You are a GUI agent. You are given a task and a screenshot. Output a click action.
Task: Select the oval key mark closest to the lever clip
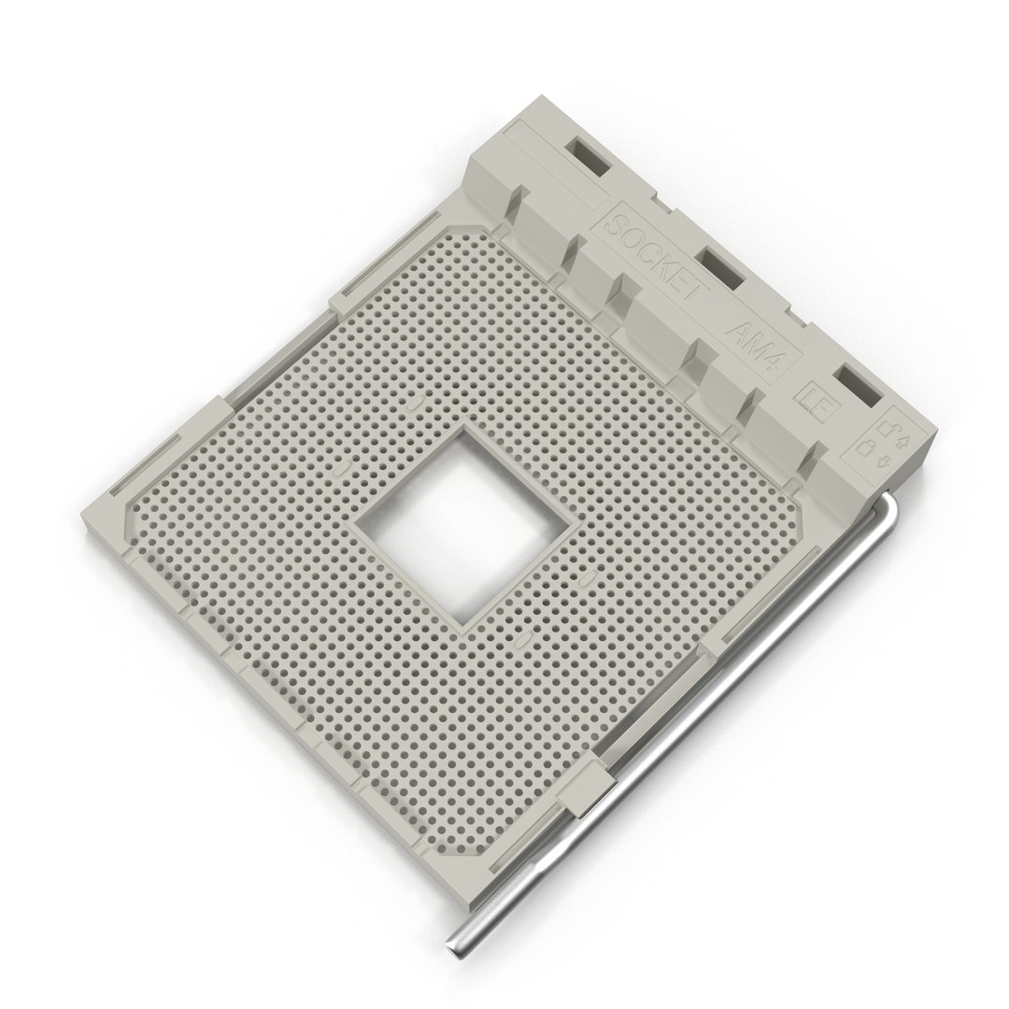coord(523,641)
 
